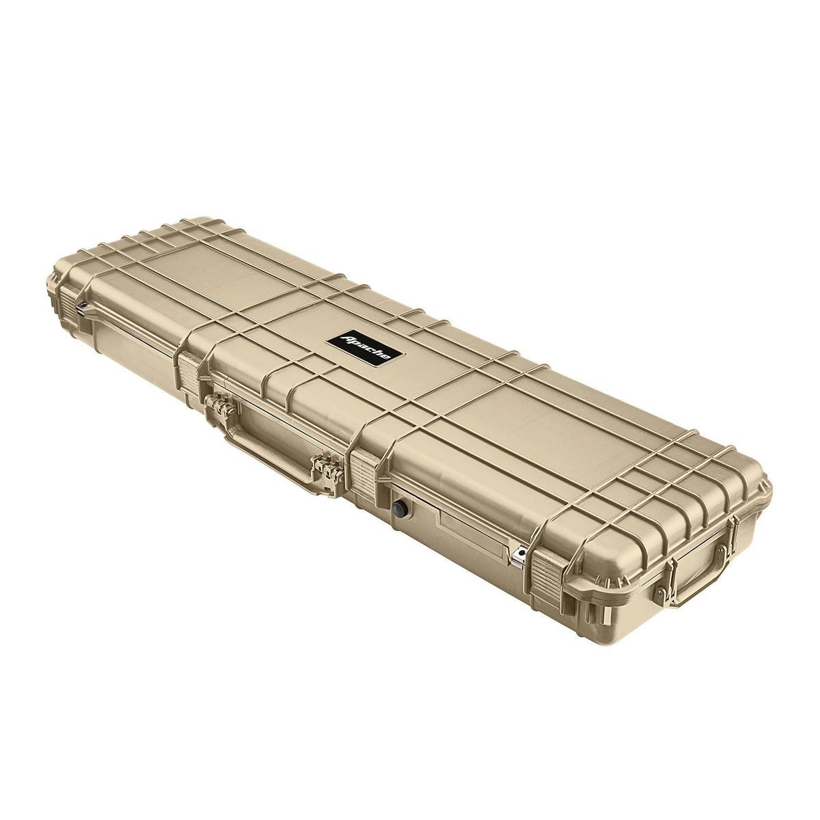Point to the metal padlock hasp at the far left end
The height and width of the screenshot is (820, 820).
pos(82,307)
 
